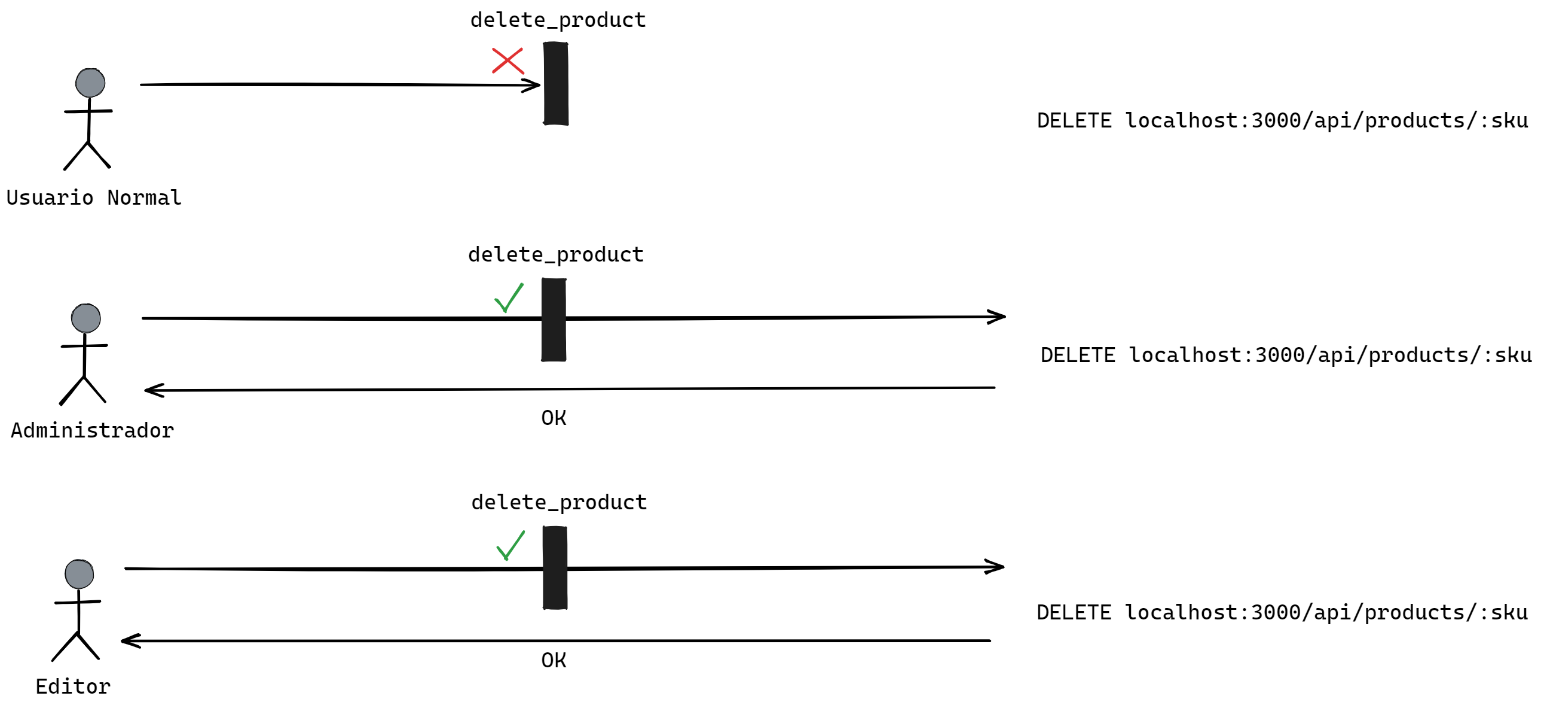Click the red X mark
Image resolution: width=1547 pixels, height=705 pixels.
(x=507, y=60)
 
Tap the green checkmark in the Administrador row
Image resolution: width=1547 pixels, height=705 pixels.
(x=509, y=298)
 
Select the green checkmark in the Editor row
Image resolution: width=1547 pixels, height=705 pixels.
(x=510, y=546)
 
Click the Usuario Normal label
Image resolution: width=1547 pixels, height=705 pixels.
(x=94, y=197)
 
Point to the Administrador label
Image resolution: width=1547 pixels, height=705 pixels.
(x=93, y=431)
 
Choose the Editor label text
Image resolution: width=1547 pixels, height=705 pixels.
(x=73, y=686)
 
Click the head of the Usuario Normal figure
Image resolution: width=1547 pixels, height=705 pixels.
(x=90, y=83)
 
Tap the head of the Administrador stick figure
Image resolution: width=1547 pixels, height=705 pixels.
(x=86, y=318)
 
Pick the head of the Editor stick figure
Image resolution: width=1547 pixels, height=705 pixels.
(x=80, y=574)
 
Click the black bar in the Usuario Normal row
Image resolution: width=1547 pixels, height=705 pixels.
(x=555, y=84)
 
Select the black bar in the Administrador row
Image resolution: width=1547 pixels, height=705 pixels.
(x=554, y=320)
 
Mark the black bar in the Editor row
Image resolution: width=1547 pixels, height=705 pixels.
(x=555, y=568)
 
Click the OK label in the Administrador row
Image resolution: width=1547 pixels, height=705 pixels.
(x=553, y=418)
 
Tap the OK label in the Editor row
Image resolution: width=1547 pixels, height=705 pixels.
(x=553, y=661)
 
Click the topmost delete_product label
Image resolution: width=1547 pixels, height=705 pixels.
(x=558, y=20)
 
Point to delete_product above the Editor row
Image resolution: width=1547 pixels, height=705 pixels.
(x=559, y=502)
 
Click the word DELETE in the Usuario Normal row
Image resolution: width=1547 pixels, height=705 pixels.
(x=1074, y=121)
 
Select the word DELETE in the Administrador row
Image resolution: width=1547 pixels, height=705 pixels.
(x=1078, y=355)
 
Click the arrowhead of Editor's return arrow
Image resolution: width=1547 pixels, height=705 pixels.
(x=129, y=641)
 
